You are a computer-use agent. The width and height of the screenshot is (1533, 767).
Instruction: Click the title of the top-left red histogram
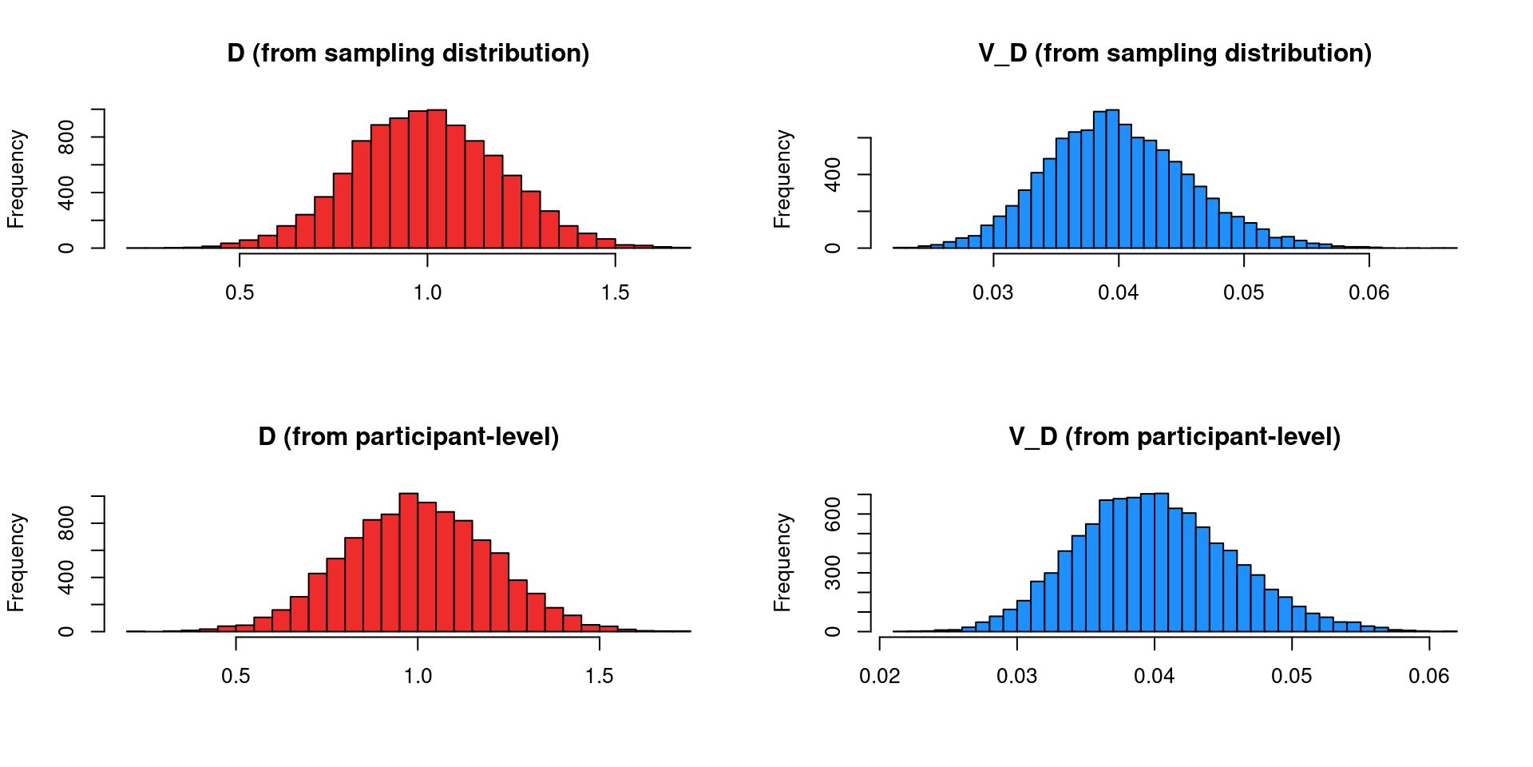coord(408,54)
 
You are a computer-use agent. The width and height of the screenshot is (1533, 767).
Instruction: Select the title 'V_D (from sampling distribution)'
coord(1175,54)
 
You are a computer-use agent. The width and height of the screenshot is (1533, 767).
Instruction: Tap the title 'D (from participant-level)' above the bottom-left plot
coord(408,437)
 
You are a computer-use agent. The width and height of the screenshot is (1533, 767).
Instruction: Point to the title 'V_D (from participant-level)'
coord(1175,437)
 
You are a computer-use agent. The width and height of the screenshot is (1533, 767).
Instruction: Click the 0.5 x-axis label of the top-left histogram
coord(240,293)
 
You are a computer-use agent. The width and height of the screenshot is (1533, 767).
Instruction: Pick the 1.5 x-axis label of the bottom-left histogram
coord(599,677)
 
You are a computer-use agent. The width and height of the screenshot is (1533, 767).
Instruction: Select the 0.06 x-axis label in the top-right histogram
coord(1369,293)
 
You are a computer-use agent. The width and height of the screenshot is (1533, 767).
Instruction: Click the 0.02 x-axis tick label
coord(880,677)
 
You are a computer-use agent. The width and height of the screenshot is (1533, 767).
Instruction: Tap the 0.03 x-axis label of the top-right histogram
coord(992,293)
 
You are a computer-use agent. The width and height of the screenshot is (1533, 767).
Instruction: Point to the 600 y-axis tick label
coord(833,515)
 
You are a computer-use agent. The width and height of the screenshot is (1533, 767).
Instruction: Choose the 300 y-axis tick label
coord(833,573)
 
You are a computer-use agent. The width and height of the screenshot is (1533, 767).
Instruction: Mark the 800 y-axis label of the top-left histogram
coord(66,137)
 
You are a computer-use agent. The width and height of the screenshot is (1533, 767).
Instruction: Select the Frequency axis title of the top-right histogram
coord(782,179)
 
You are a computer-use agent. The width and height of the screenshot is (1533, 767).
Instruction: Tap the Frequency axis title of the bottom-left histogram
coord(16,562)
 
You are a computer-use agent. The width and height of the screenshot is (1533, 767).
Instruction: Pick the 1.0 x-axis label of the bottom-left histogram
coord(418,677)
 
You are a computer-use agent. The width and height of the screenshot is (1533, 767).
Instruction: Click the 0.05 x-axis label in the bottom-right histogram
coord(1291,677)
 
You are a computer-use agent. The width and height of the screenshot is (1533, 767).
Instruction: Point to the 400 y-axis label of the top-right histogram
coord(833,175)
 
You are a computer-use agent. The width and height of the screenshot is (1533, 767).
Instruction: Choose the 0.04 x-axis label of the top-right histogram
coord(1118,293)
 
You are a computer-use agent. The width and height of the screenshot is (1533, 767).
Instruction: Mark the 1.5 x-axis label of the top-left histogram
coord(615,293)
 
